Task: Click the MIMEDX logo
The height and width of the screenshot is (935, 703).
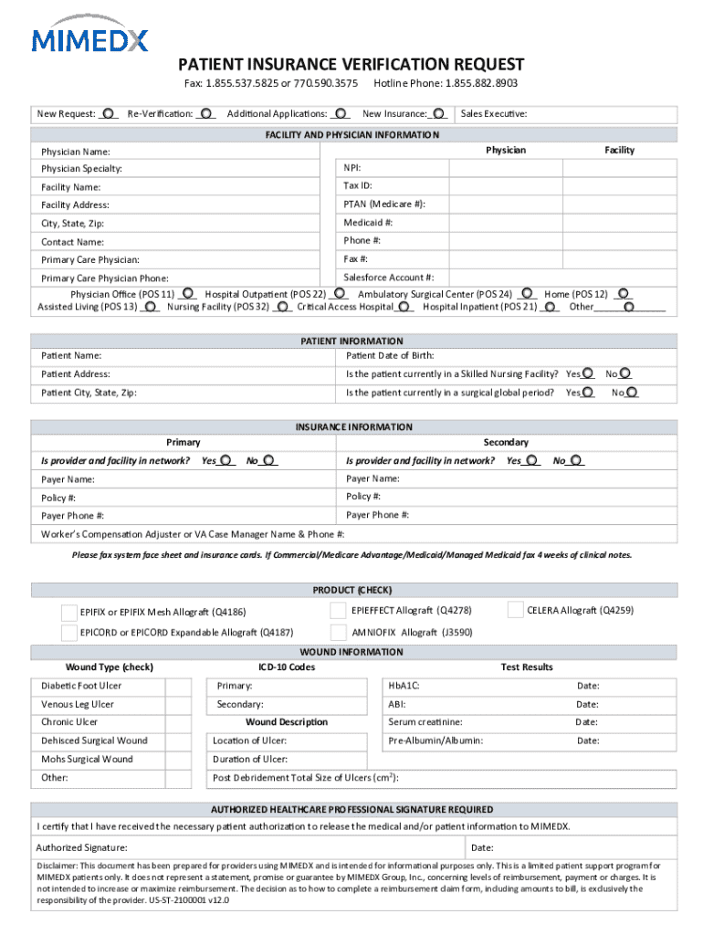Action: pyautogui.click(x=89, y=38)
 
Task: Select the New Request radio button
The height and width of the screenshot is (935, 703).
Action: pyautogui.click(x=109, y=113)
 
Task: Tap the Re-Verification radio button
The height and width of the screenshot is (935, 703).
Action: pyautogui.click(x=207, y=113)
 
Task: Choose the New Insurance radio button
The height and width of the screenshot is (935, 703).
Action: pyautogui.click(x=439, y=113)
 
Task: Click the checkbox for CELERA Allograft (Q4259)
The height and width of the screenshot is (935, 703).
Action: pyautogui.click(x=513, y=610)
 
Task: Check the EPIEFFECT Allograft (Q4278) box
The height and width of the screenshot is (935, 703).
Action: pyautogui.click(x=337, y=610)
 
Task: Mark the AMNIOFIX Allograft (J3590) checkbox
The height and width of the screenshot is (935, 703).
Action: pyautogui.click(x=337, y=632)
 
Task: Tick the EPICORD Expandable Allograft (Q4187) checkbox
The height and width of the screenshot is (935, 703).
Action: pyautogui.click(x=68, y=632)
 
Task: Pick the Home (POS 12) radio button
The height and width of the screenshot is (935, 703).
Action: pyautogui.click(x=623, y=295)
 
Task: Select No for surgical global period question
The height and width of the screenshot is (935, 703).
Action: pyautogui.click(x=632, y=393)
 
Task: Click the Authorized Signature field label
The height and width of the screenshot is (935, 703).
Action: pyautogui.click(x=81, y=848)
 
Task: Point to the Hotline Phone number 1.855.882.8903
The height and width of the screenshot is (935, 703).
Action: pyautogui.click(x=481, y=83)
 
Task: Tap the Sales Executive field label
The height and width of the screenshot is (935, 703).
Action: pyautogui.click(x=494, y=114)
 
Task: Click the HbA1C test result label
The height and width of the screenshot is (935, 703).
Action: pyautogui.click(x=404, y=686)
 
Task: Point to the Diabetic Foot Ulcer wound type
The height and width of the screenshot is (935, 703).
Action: pyautogui.click(x=81, y=686)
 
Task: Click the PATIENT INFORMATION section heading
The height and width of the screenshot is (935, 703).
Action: pyautogui.click(x=351, y=341)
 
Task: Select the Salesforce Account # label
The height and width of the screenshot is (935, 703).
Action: pyautogui.click(x=388, y=278)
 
